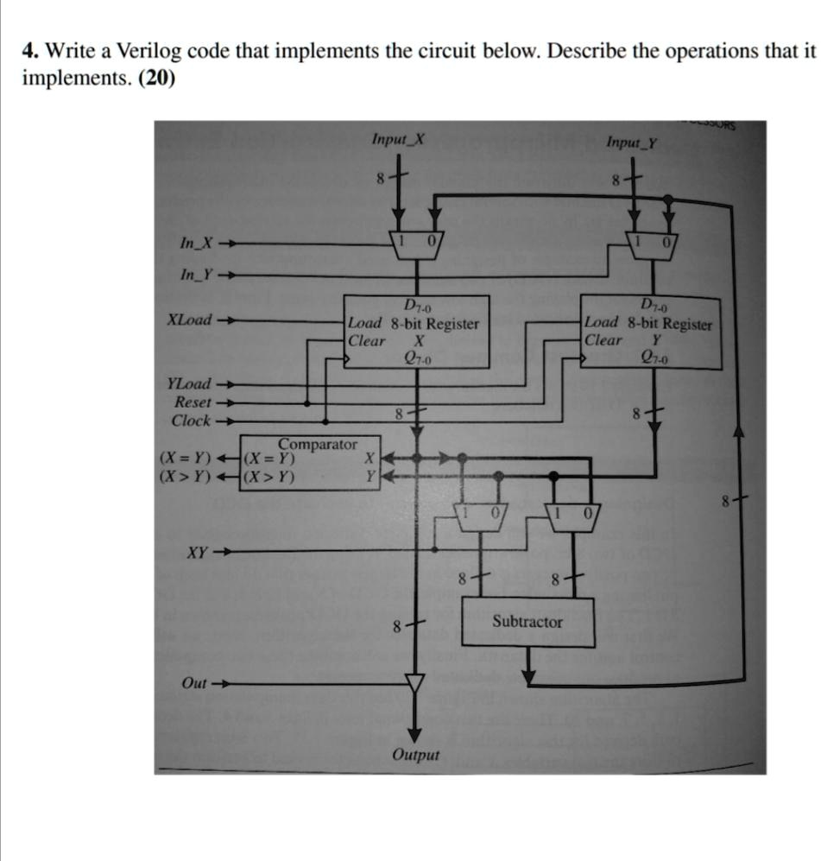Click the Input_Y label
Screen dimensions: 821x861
coord(631,142)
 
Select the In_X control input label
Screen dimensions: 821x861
coord(196,243)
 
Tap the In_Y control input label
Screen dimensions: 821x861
coord(196,274)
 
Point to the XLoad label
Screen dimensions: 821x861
coord(189,320)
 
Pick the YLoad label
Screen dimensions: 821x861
coord(189,383)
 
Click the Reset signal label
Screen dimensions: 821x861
coord(193,402)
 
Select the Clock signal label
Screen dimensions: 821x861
coord(191,421)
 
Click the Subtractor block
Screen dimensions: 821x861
coord(528,621)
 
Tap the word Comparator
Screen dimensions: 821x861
coord(317,444)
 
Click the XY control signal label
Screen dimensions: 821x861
coord(197,553)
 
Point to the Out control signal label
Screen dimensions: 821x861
coord(194,684)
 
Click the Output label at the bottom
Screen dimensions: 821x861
coord(415,755)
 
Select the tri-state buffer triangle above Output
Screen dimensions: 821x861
coord(415,682)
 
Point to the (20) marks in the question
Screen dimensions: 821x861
coord(157,78)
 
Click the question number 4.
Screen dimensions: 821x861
coord(30,50)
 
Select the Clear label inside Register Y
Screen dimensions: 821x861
coord(603,340)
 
